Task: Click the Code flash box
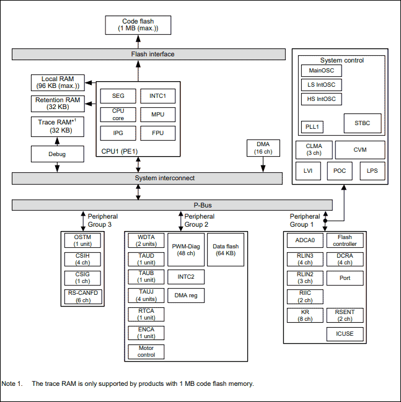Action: coord(138,25)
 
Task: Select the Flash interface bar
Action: coord(149,54)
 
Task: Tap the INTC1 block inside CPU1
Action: coord(158,96)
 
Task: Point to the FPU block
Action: coord(158,133)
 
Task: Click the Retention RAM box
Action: coord(58,103)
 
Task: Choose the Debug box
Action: coord(58,154)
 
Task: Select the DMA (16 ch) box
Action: coord(263,148)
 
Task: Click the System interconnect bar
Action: coord(147,178)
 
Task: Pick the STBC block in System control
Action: coord(363,123)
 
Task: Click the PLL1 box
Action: coord(312,127)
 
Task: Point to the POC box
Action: coord(340,171)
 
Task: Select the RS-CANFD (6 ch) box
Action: coord(83,297)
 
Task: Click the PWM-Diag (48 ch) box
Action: coord(186,250)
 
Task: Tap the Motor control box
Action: coord(146,351)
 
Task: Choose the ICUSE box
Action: coord(345,334)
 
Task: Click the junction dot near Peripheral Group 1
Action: coord(325,221)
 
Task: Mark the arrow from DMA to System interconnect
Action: coord(263,164)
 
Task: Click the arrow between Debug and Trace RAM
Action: coord(57,141)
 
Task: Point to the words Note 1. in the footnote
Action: coord(12,383)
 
